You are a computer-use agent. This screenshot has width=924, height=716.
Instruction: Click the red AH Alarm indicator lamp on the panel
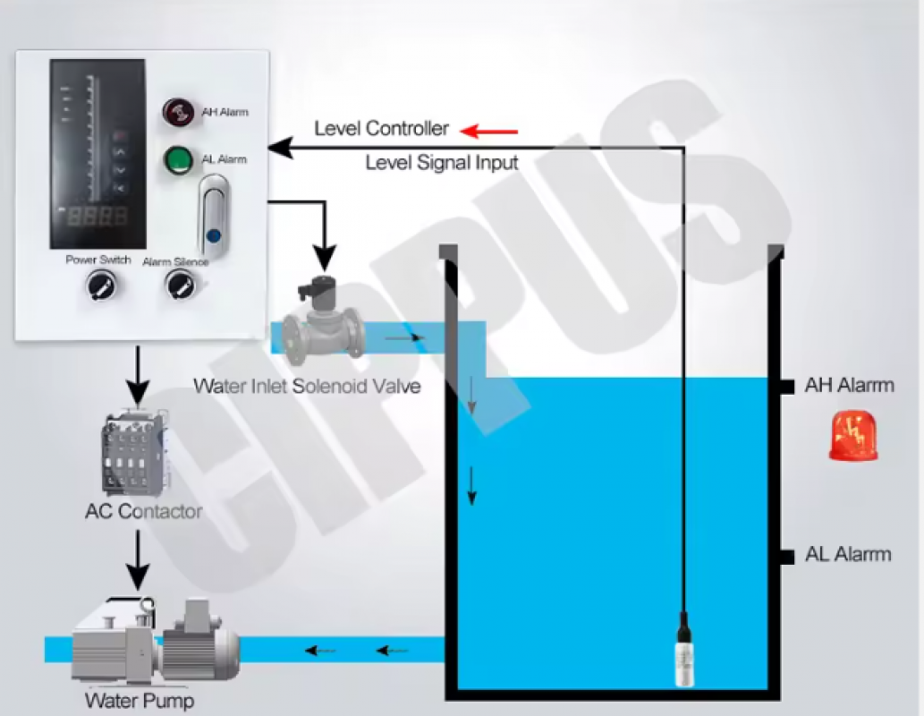177,112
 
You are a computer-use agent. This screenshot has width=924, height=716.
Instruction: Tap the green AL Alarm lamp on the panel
177,160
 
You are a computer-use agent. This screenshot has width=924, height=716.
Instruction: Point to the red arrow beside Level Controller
489,132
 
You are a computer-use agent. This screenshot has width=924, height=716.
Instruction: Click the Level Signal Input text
442,163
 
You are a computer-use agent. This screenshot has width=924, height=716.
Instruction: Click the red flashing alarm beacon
852,437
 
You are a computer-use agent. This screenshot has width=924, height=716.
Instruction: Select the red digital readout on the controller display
98,216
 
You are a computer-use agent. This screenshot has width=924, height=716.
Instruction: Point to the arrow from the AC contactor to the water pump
137,559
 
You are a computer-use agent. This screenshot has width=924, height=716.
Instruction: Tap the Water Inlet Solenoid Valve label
307,387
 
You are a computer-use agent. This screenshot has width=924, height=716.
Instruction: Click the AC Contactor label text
143,512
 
